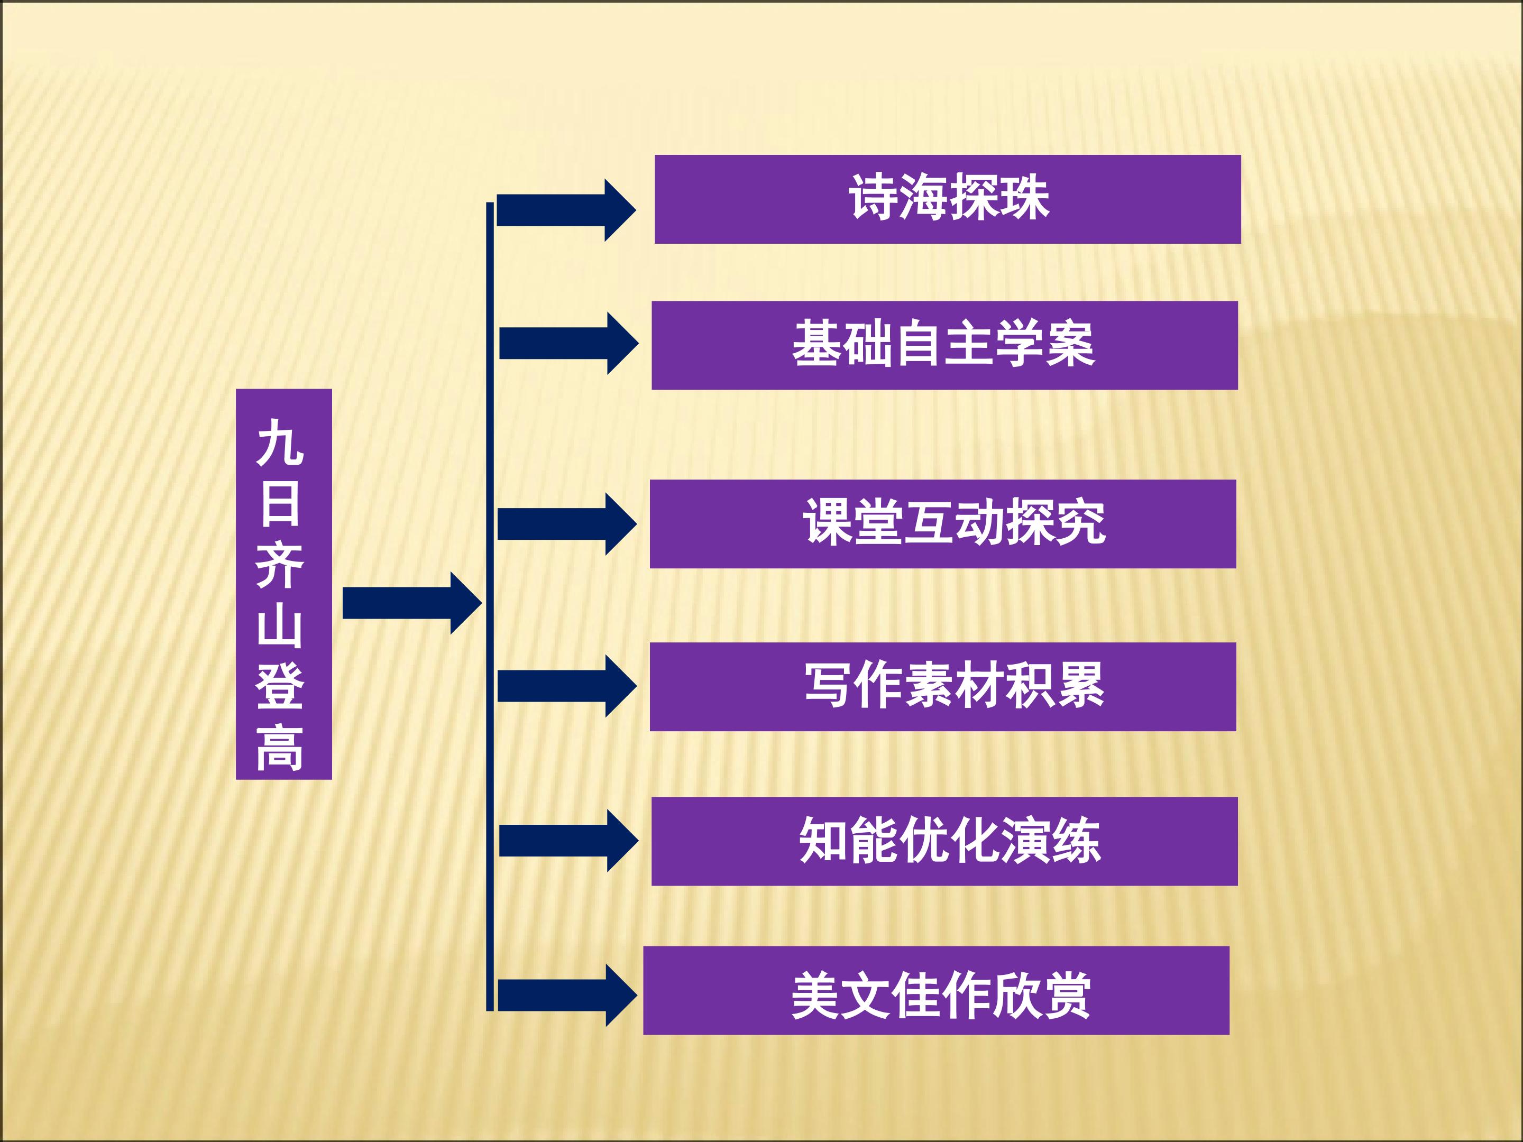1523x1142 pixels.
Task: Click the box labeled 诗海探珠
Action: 948,200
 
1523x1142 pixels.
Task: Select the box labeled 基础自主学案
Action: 944,346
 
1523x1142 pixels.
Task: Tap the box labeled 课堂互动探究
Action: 943,524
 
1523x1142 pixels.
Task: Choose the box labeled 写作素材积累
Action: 943,686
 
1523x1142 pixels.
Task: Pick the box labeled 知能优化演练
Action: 944,841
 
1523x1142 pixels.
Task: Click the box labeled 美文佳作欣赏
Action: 937,991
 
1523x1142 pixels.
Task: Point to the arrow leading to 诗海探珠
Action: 566,210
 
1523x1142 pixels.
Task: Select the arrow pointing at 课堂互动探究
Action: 567,524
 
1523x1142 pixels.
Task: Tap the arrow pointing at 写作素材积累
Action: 567,686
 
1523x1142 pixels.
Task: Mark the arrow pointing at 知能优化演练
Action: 568,841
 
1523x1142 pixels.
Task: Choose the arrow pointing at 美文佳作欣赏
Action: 567,996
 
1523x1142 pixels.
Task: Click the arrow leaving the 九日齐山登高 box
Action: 412,603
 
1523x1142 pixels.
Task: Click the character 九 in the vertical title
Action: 280,442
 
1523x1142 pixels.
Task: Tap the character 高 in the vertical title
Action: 280,748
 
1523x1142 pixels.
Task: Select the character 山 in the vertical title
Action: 280,626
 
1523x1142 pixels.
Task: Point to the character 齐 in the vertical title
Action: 280,565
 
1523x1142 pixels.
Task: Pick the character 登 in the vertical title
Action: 280,686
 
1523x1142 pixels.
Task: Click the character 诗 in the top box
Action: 873,198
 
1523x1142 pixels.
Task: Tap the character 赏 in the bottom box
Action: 1066,996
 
